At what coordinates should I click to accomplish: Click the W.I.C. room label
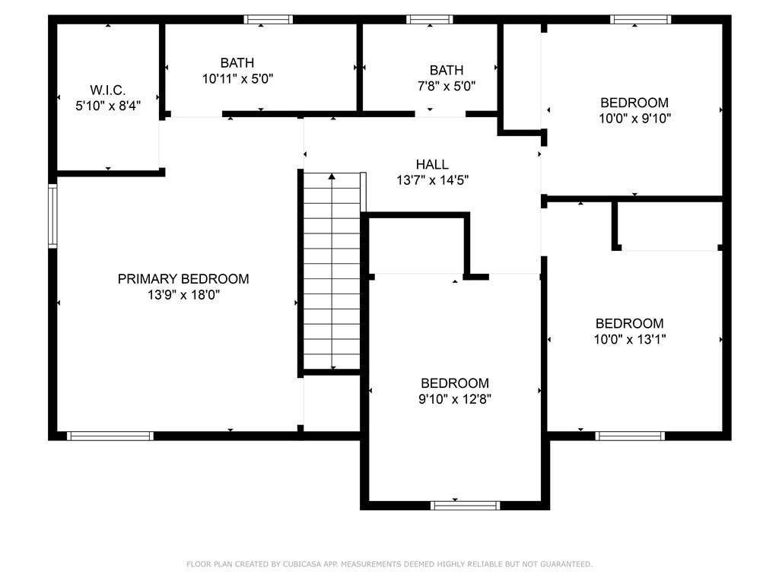tap(108, 90)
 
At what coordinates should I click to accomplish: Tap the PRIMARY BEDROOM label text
tap(183, 279)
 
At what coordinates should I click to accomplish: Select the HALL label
tap(432, 164)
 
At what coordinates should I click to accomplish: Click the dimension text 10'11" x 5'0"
tap(237, 79)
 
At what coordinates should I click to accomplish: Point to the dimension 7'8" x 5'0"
tap(447, 87)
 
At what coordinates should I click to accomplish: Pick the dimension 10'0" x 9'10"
tap(635, 119)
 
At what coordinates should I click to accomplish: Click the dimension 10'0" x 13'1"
tap(630, 340)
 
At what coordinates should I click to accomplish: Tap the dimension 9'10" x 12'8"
tap(455, 399)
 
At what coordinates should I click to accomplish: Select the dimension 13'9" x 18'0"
tap(184, 295)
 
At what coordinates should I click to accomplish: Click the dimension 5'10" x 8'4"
tap(108, 106)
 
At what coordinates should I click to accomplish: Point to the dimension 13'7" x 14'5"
tap(433, 180)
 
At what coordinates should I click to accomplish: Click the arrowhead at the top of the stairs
tap(332, 176)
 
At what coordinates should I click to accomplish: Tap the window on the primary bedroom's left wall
tap(52, 215)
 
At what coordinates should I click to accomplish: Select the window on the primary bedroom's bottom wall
tap(110, 436)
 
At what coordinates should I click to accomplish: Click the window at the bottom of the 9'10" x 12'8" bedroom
tap(465, 506)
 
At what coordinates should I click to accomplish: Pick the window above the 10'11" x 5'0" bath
tap(269, 19)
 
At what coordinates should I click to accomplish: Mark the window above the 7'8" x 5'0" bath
tap(430, 19)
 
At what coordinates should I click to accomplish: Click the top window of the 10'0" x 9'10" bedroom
tap(641, 19)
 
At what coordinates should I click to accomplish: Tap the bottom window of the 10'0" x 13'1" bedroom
tap(630, 436)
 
